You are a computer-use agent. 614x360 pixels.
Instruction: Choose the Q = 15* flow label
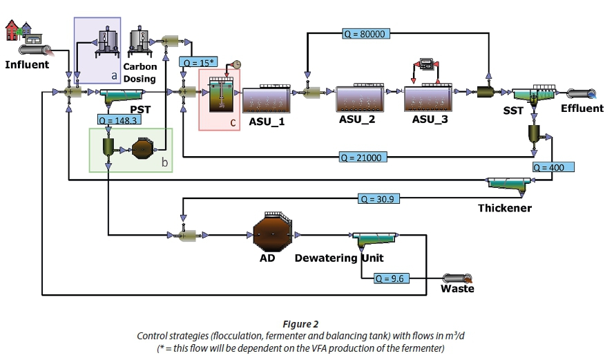[198, 61]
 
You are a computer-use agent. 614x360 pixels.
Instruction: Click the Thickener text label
[505, 207]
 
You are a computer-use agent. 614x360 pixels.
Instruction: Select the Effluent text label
[582, 108]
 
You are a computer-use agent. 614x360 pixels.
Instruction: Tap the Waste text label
[457, 289]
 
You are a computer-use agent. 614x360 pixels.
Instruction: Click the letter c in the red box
[233, 122]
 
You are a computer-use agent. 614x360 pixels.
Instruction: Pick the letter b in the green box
[164, 163]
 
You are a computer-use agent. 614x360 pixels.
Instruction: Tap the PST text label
[140, 109]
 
